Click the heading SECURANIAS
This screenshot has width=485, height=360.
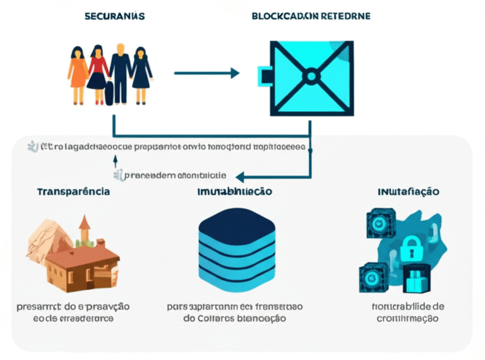(x=114, y=16)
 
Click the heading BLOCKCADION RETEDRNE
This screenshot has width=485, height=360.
(x=311, y=16)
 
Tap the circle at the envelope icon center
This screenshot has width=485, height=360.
(x=310, y=76)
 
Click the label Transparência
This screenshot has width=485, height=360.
(x=73, y=191)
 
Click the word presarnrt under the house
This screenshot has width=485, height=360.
(x=39, y=306)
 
